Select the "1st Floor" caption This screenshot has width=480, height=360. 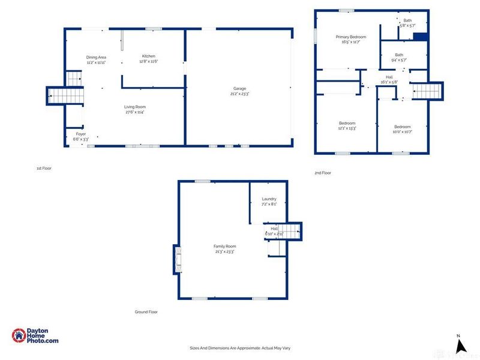44,169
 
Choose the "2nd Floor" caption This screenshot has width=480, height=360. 323,173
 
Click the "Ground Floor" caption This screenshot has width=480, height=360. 146,312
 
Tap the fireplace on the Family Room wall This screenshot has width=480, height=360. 176,259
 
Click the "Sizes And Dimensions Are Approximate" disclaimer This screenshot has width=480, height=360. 239,348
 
